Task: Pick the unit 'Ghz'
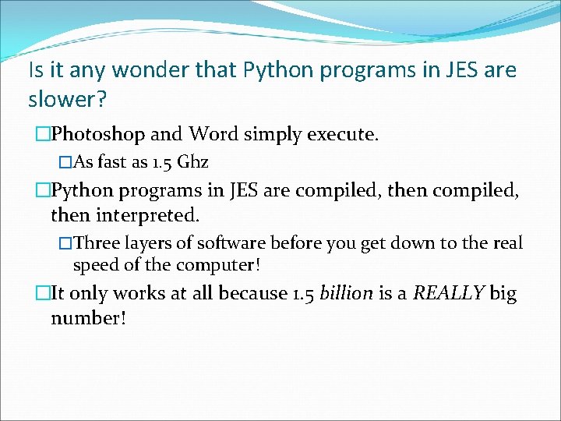click(192, 163)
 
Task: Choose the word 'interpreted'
click(151, 214)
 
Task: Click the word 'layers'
click(146, 243)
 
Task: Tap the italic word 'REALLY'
click(449, 293)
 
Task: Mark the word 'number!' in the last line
click(88, 318)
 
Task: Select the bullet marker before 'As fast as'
click(65, 163)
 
